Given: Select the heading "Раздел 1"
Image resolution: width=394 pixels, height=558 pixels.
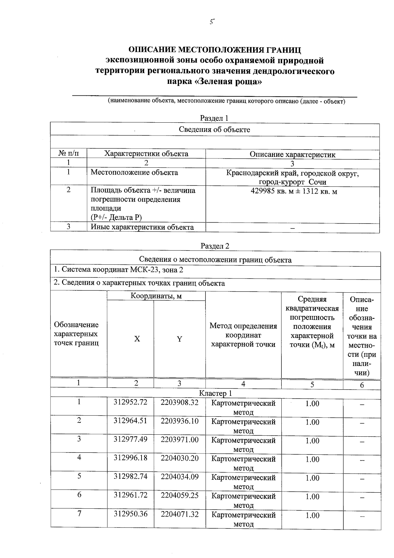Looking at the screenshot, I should click(x=214, y=118).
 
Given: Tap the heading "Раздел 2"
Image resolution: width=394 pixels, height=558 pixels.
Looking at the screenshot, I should click(x=215, y=246).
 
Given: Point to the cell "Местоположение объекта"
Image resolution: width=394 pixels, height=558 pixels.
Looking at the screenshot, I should click(x=134, y=173).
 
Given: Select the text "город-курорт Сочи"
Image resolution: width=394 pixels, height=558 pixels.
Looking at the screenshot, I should click(x=292, y=182).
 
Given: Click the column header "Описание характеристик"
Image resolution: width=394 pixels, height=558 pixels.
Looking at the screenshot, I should click(x=292, y=154).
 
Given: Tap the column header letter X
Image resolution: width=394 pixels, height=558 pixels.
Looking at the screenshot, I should click(x=137, y=339).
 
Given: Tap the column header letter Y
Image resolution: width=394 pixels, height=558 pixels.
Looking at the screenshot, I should click(x=179, y=339).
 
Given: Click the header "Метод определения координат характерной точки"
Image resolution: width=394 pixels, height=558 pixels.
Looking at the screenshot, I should click(x=243, y=335).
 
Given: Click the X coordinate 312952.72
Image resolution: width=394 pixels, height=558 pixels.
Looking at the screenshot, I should click(x=130, y=402).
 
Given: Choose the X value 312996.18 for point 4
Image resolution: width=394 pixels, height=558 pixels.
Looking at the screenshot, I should click(x=130, y=458).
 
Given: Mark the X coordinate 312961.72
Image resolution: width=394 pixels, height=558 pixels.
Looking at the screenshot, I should click(x=130, y=495).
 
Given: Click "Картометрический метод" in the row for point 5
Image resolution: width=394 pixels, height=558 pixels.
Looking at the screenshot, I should click(x=243, y=481).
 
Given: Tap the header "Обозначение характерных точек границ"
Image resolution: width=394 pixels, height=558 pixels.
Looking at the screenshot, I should click(x=76, y=334).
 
